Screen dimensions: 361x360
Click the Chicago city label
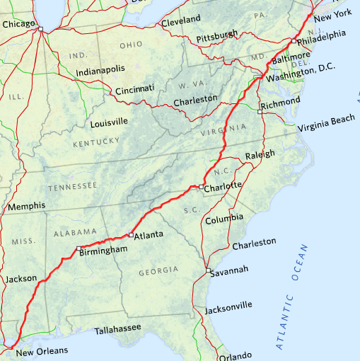pos(18,24)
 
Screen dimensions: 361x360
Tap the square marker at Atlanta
pos(131,234)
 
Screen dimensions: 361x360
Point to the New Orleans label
pos(42,351)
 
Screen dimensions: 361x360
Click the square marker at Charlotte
pos(202,187)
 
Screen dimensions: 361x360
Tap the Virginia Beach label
pos(326,128)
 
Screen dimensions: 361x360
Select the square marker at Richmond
pos(260,111)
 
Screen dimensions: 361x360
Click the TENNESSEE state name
pos(72,186)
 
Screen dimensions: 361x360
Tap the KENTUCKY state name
pos(96,142)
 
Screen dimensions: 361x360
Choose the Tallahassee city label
pos(117,328)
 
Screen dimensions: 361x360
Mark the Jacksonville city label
pos(228,306)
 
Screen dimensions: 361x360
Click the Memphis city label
pos(26,206)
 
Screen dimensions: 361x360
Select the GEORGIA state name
pos(158,271)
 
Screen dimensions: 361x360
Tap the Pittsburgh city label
pos(216,35)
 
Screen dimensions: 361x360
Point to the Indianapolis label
pos(101,69)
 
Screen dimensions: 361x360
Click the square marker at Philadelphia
pos(294,41)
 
